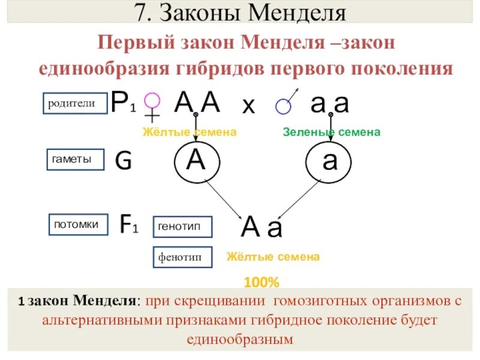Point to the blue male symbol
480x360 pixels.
click(285, 103)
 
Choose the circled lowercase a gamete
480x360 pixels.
click(329, 163)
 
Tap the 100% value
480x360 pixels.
click(262, 281)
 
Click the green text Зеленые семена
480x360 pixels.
click(331, 132)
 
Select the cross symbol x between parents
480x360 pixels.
click(248, 106)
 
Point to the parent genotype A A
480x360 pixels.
click(197, 103)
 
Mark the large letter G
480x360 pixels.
click(123, 160)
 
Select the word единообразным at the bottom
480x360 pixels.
click(239, 340)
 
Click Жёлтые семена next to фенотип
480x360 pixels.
click(273, 257)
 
